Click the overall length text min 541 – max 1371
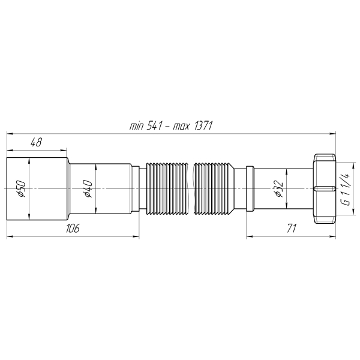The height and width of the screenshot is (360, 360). pyautogui.click(x=172, y=125)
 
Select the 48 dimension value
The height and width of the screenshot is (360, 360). pyautogui.click(x=36, y=142)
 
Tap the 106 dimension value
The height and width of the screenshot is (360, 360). pyautogui.click(x=73, y=229)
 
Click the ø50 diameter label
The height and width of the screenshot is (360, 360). pyautogui.click(x=19, y=189)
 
